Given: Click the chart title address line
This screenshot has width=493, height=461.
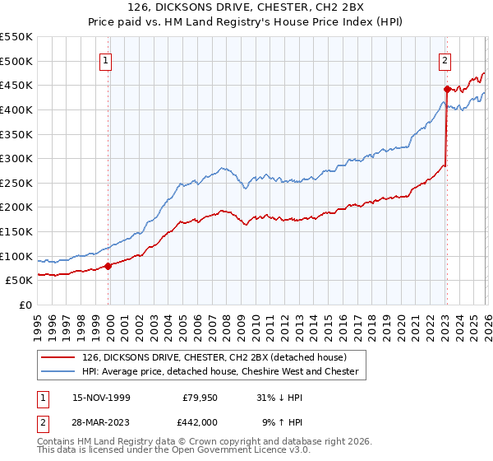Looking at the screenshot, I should [246, 8].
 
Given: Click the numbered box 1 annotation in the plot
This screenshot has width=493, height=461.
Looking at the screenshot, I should [108, 59].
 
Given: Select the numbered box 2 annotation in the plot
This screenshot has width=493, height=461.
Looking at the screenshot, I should [445, 59].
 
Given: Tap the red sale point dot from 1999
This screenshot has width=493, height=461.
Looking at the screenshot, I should [108, 266].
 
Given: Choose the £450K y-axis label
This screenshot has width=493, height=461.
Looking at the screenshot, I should [16, 85].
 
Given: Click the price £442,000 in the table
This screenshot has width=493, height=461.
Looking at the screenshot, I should [200, 422].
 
